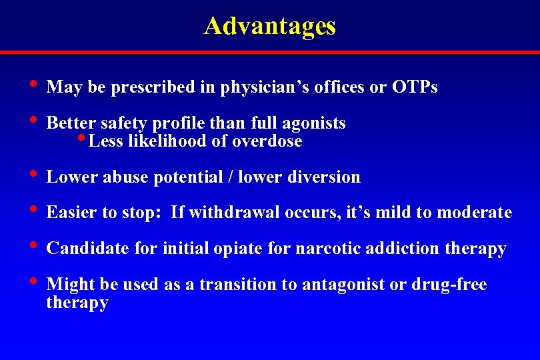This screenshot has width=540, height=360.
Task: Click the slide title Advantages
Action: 270,26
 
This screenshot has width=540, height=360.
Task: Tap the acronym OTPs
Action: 415,87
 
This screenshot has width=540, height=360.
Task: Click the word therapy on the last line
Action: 77,303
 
